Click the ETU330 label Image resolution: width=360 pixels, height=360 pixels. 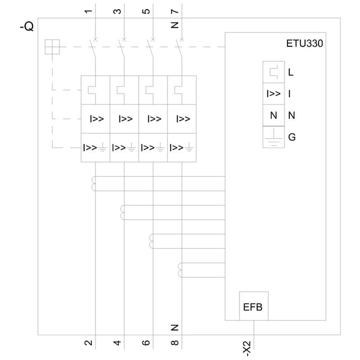[x=304, y=43]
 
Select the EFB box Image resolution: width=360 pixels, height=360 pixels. [x=254, y=306]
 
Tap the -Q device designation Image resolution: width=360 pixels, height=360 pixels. [x=26, y=27]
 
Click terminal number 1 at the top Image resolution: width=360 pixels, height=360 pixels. [x=88, y=11]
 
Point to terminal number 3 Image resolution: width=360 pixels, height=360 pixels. [x=117, y=11]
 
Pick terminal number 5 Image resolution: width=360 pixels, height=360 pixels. [x=146, y=11]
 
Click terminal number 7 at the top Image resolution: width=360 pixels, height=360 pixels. [x=175, y=11]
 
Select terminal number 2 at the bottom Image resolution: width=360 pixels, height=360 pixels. [x=88, y=343]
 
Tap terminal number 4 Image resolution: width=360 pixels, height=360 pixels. [x=117, y=343]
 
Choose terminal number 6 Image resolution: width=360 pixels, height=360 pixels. [x=146, y=343]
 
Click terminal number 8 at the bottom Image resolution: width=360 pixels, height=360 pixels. [x=175, y=343]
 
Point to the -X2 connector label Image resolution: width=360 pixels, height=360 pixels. [x=247, y=349]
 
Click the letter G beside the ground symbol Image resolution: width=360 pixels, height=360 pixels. [x=292, y=137]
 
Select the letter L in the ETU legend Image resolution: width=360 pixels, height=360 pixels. [x=290, y=73]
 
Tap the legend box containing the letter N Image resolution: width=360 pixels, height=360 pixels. [x=274, y=115]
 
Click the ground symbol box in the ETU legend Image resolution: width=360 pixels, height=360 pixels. [x=274, y=137]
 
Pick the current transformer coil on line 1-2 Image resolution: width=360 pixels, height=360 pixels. [x=94, y=184]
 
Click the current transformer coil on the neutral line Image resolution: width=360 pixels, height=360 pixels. [x=180, y=270]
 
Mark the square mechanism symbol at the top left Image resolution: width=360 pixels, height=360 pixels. [x=52, y=47]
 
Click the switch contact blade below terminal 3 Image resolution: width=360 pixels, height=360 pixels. [x=121, y=49]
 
